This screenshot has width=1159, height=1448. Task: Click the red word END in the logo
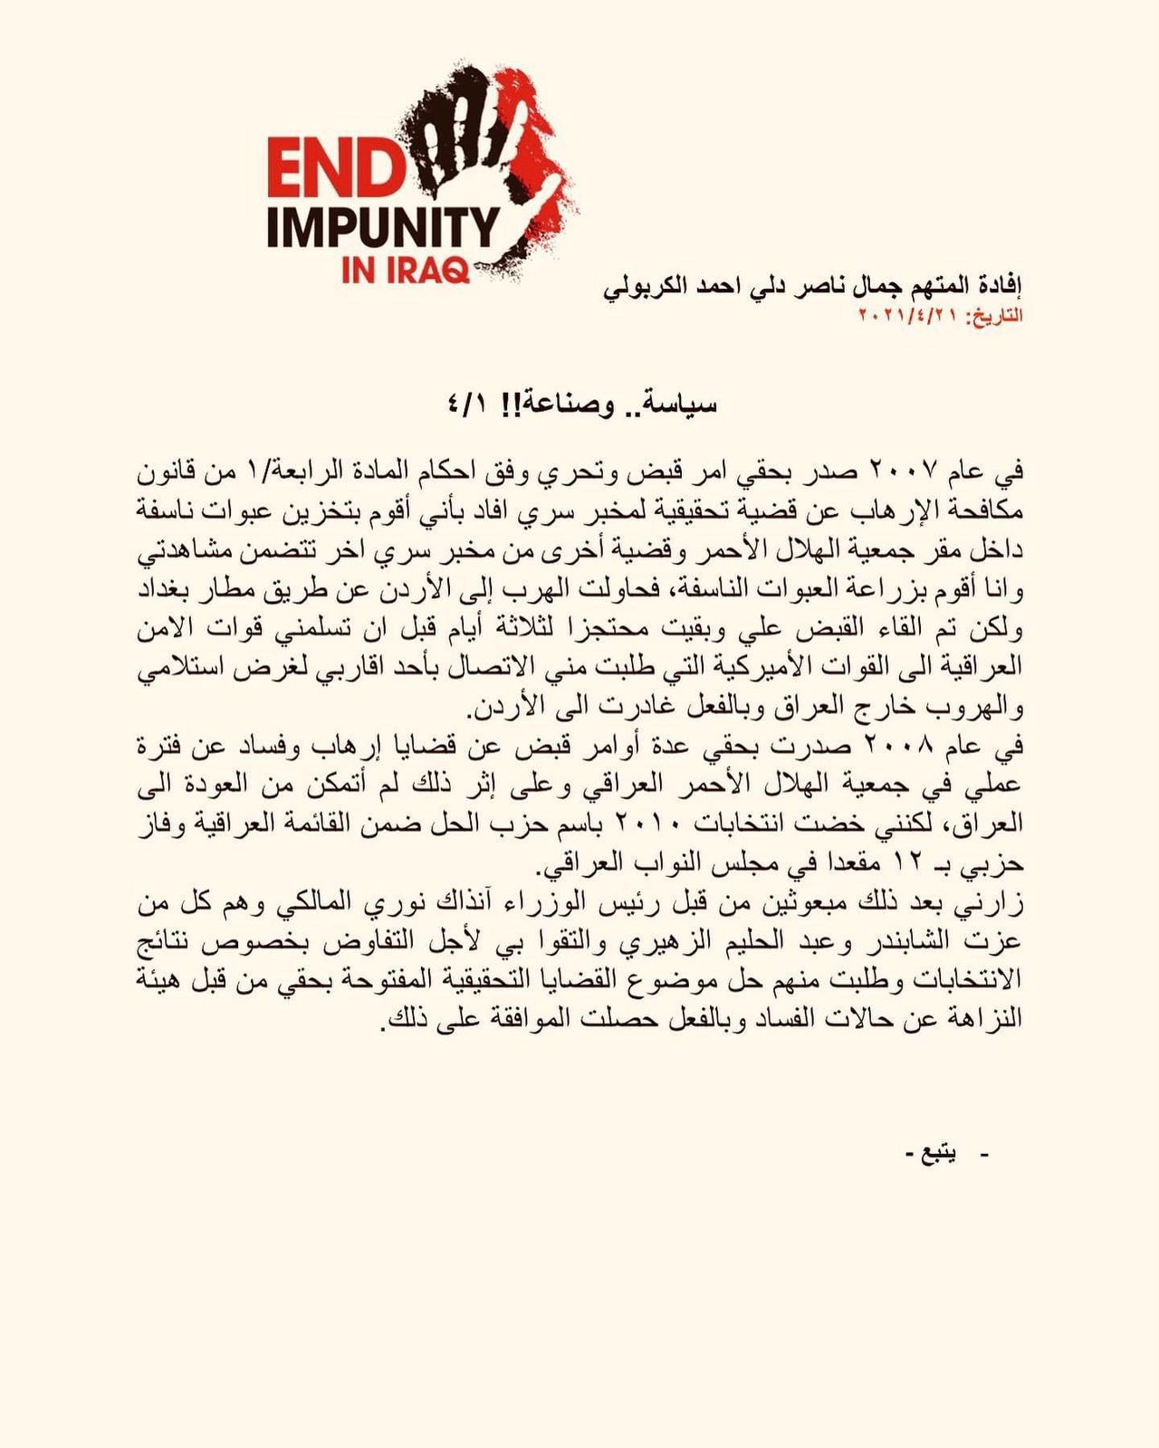(x=335, y=169)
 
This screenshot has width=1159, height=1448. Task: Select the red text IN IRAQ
(x=406, y=271)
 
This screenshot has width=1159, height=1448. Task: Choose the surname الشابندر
(x=924, y=941)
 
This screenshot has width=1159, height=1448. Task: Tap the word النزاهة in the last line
(x=984, y=1019)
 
